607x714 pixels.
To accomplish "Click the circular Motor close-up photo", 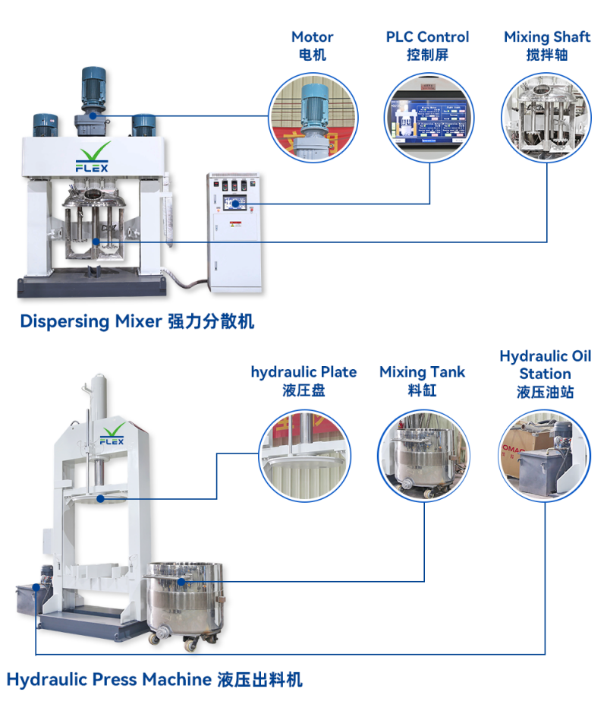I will point(314,118).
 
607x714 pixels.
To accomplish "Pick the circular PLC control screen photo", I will point(430,118).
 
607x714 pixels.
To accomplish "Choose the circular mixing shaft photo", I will point(546,118).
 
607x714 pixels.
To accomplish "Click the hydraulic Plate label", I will point(303,381).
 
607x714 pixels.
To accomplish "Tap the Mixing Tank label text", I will point(422,381).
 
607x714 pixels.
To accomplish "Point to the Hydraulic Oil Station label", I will point(545,374).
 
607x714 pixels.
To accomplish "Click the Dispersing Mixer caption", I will point(137,321).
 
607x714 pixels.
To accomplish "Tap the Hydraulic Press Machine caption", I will point(155,679).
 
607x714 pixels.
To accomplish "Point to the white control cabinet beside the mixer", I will point(234,232).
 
